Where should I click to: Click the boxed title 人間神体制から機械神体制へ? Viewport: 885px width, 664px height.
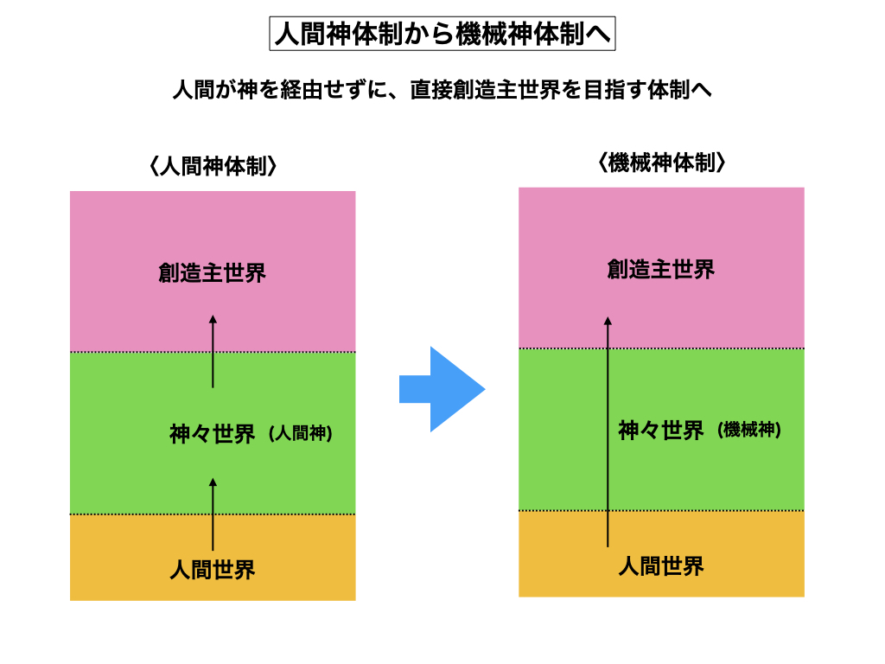click(x=442, y=34)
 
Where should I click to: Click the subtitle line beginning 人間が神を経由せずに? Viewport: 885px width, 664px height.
click(x=442, y=90)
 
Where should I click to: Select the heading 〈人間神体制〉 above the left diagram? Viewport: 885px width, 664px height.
click(x=213, y=166)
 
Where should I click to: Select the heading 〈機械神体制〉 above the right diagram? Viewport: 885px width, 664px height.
click(x=661, y=163)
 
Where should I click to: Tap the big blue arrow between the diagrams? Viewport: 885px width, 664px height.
click(x=442, y=389)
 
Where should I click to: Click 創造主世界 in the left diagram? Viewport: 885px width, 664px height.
click(x=213, y=273)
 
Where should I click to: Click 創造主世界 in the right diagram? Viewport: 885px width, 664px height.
click(x=661, y=270)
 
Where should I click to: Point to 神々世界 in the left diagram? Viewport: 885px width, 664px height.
click(x=213, y=434)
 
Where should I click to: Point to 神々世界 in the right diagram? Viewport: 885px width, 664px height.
click(x=661, y=431)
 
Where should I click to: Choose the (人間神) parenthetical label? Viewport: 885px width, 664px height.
click(x=300, y=434)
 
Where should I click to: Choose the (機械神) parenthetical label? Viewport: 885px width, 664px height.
click(x=748, y=430)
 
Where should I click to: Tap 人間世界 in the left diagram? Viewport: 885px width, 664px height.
click(x=213, y=570)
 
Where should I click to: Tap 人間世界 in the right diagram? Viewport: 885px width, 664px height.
click(x=661, y=566)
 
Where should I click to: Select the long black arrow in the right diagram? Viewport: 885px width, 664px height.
click(x=608, y=432)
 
